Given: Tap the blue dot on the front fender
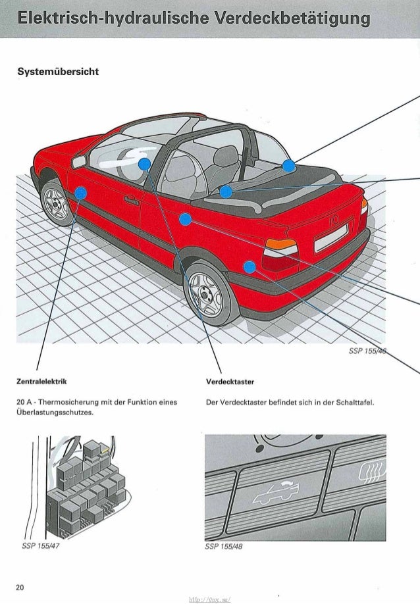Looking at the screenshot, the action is (80, 193).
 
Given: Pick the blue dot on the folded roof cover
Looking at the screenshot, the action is (288, 165).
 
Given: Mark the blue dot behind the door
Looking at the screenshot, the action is (185, 219).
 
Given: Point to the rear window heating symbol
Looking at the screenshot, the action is (373, 473).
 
